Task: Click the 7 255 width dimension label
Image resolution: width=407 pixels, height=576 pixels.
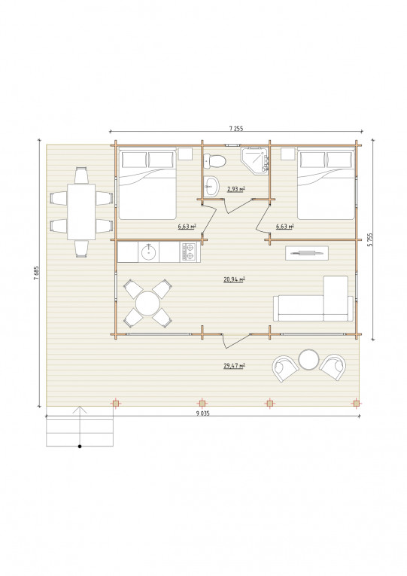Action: (236, 129)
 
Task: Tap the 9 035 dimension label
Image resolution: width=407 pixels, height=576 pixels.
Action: (202, 413)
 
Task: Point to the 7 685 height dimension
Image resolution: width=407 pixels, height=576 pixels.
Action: (36, 273)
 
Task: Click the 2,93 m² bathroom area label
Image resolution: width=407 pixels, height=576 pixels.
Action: (236, 189)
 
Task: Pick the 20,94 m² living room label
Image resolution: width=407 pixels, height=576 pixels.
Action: (234, 279)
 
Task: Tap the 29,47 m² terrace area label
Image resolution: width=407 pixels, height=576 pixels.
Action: (234, 365)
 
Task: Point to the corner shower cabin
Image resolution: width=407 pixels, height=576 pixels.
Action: (256, 160)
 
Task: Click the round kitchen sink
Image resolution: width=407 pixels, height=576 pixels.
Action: (148, 252)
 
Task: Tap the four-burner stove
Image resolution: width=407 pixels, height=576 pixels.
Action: (188, 251)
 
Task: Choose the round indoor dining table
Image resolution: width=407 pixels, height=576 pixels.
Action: (147, 303)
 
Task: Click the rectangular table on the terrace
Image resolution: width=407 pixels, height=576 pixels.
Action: (81, 212)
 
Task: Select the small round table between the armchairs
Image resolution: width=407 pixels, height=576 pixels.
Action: (308, 359)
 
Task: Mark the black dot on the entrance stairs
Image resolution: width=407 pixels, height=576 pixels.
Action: (80, 446)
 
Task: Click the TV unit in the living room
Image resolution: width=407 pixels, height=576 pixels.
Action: (307, 253)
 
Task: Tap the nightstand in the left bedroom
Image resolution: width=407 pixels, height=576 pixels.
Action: (185, 154)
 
